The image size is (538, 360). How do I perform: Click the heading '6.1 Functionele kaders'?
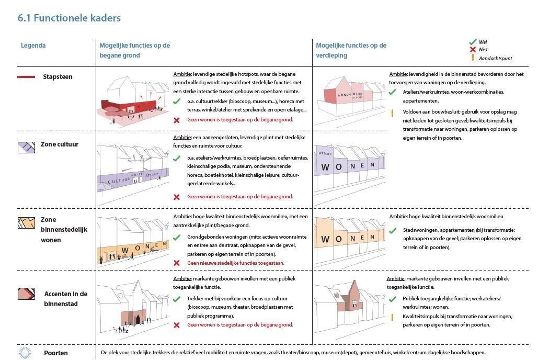(69, 18)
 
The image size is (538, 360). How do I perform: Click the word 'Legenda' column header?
(33, 46)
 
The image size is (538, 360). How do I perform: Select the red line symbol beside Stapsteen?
(26, 77)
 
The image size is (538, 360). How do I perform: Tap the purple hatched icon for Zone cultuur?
(26, 148)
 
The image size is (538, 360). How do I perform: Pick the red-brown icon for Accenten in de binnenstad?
(26, 294)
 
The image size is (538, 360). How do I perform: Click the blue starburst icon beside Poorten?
(25, 353)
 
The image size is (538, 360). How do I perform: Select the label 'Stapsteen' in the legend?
(58, 77)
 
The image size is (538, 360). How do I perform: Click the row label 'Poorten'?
(56, 353)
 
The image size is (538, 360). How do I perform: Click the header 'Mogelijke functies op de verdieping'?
(351, 50)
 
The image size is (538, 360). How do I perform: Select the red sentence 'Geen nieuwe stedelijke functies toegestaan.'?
(236, 263)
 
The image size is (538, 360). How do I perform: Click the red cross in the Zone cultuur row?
(177, 197)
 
